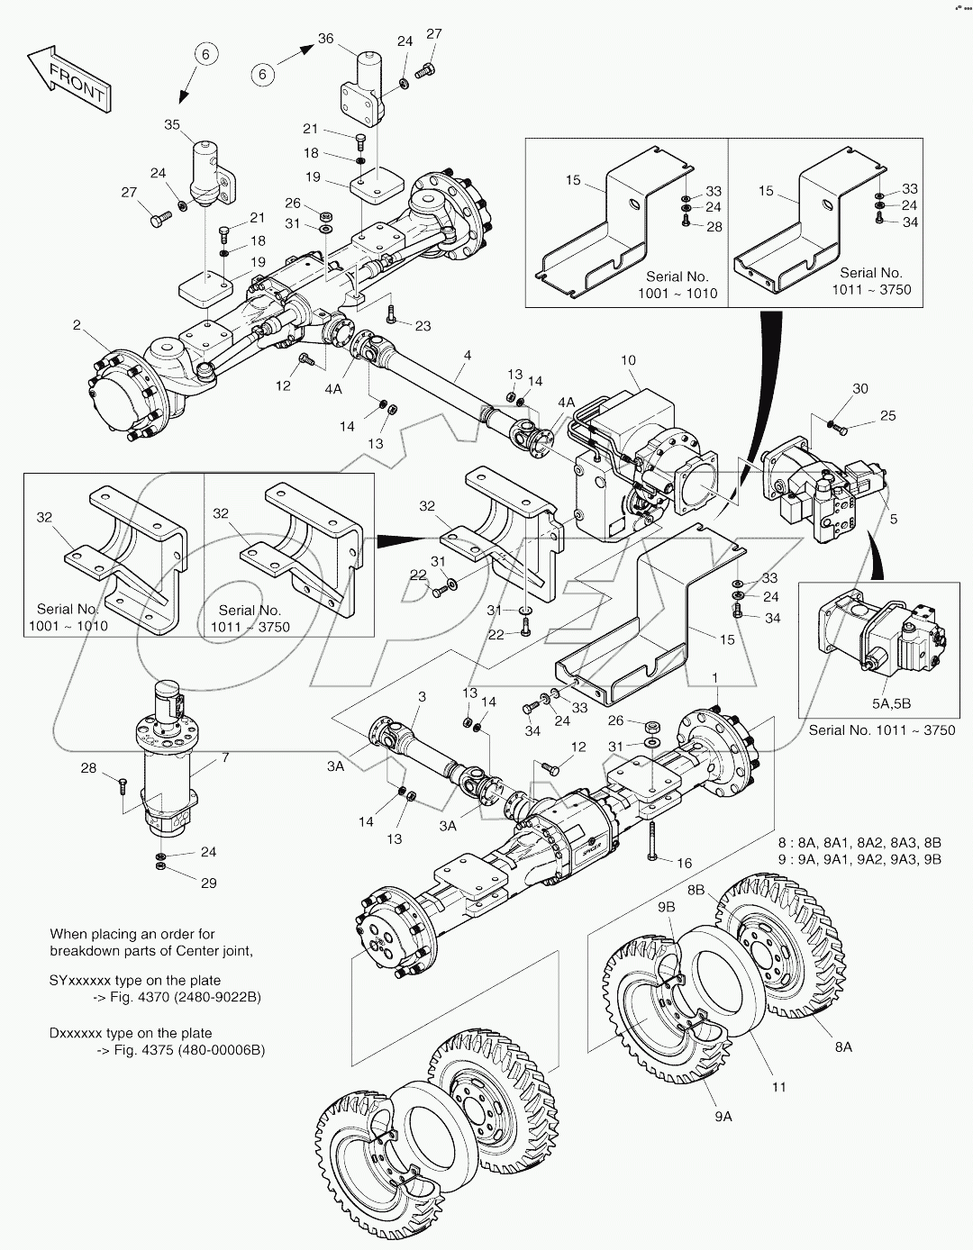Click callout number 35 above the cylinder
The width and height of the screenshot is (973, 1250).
(x=172, y=125)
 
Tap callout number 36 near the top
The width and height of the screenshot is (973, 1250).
(x=325, y=39)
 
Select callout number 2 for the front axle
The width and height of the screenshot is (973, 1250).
(x=77, y=324)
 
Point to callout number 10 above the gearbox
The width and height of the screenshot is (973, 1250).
(x=628, y=360)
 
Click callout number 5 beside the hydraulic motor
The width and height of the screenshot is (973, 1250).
(x=893, y=520)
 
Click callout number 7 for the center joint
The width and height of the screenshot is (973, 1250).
(x=224, y=758)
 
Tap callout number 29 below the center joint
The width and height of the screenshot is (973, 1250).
(x=208, y=883)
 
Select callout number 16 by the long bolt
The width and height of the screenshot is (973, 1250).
(x=684, y=863)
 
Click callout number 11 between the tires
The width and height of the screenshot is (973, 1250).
(x=778, y=1087)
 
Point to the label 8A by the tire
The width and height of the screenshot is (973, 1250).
(x=843, y=1046)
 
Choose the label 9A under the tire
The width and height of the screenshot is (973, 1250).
(x=723, y=1116)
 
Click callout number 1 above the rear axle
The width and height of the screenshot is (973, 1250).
(x=714, y=677)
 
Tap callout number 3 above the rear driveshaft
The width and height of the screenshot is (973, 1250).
(x=422, y=697)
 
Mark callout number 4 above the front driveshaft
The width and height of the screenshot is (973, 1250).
(x=467, y=356)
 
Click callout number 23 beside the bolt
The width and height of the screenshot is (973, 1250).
(x=423, y=325)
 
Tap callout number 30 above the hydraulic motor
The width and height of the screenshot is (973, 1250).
(x=860, y=388)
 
